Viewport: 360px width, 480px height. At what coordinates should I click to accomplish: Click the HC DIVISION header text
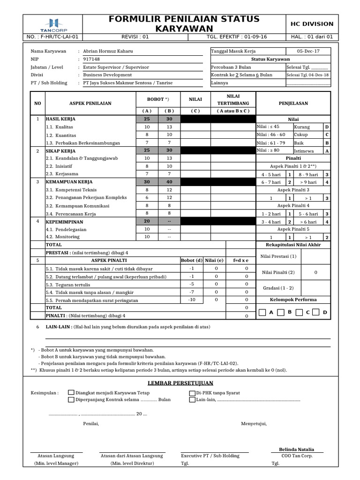pyautogui.click(x=312, y=23)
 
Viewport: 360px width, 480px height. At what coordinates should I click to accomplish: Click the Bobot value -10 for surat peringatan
pyautogui.click(x=191, y=300)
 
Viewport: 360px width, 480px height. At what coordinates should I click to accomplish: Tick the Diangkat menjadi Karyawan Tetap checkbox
pyautogui.click(x=71, y=392)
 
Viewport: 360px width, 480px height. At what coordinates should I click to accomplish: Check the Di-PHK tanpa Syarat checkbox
pyautogui.click(x=192, y=392)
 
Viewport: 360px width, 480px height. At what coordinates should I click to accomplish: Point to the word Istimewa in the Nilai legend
pyautogui.click(x=304, y=151)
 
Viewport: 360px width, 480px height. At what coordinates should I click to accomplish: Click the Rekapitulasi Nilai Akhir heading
pyautogui.click(x=294, y=245)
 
